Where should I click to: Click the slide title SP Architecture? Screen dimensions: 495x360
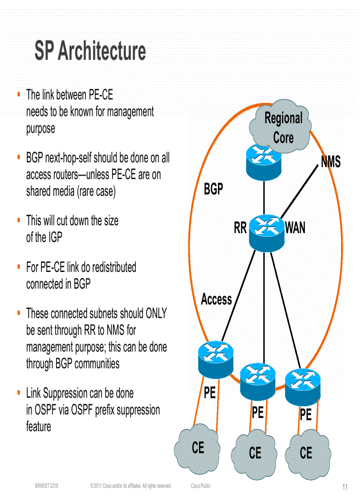point(90,52)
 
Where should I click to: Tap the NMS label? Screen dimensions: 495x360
point(330,162)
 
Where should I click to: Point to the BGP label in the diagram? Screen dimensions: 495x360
point(213,189)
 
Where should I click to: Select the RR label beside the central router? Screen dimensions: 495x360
point(240,228)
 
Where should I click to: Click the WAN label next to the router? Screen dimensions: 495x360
point(295,228)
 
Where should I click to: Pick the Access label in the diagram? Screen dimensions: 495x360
point(216,299)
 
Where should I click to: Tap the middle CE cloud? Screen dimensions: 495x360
point(255,453)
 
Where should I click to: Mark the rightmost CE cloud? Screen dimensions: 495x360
point(306,453)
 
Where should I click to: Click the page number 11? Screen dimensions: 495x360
point(345,487)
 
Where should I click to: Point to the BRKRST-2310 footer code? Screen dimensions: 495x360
point(47,486)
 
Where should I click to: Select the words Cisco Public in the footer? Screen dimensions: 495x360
point(201,486)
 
